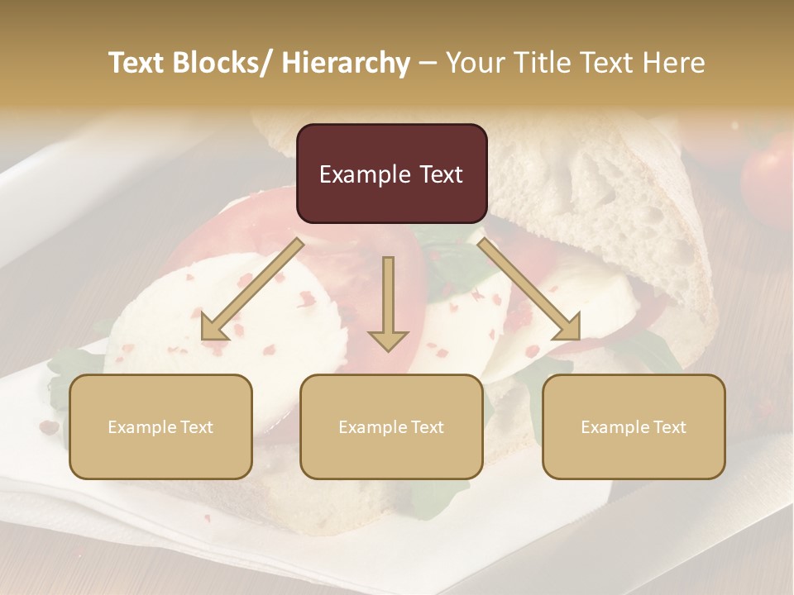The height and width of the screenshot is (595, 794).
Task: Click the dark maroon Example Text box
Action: pyautogui.click(x=391, y=174)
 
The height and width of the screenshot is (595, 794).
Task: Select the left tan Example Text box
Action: pyautogui.click(x=160, y=426)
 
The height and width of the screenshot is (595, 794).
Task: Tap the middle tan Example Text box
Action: pyautogui.click(x=391, y=426)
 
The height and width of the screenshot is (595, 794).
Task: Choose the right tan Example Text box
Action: pyautogui.click(x=634, y=426)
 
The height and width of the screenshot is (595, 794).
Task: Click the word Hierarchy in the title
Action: pyautogui.click(x=346, y=63)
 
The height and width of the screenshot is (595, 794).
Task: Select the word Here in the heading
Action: pyautogui.click(x=674, y=63)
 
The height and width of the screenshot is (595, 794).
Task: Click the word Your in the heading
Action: pyautogui.click(x=474, y=63)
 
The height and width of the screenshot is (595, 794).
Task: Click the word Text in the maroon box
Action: pyautogui.click(x=440, y=174)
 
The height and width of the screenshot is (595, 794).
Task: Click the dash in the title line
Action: pyautogui.click(x=428, y=63)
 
